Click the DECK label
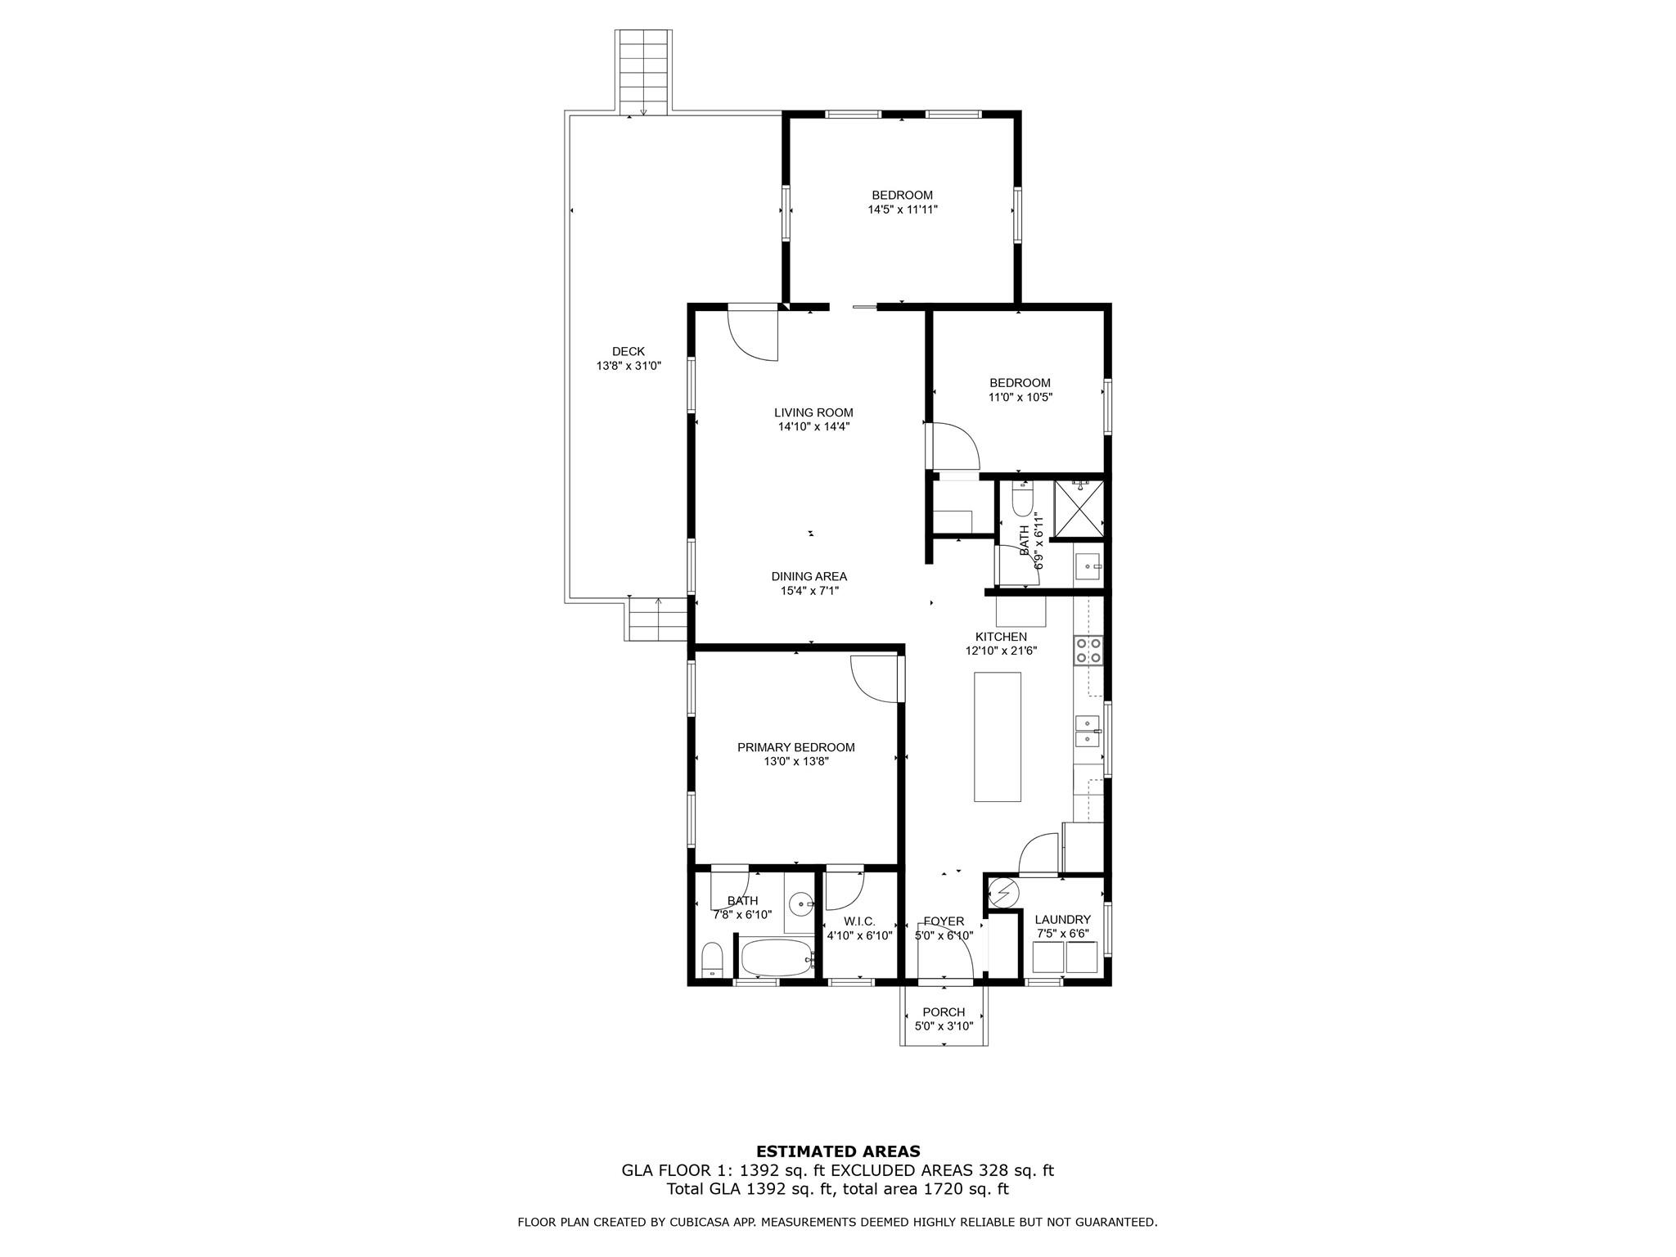pos(628,352)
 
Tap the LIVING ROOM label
pos(813,412)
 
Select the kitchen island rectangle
pos(997,737)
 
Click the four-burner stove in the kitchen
pos(1088,651)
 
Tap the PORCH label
pos(944,1012)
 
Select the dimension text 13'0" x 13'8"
pos(795,762)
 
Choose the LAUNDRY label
pos(1062,920)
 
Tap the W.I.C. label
pos(858,921)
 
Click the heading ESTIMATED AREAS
pos(837,1151)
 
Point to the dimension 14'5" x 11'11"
pos(902,209)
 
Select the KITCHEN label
pos(1000,637)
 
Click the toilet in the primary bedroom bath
pos(712,960)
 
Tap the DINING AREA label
pos(809,576)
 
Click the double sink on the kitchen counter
pos(1087,731)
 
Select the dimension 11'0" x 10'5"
pos(1020,398)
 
